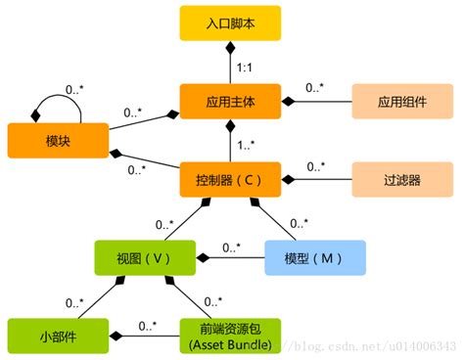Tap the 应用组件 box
401,101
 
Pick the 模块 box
57,140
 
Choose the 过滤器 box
401,179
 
